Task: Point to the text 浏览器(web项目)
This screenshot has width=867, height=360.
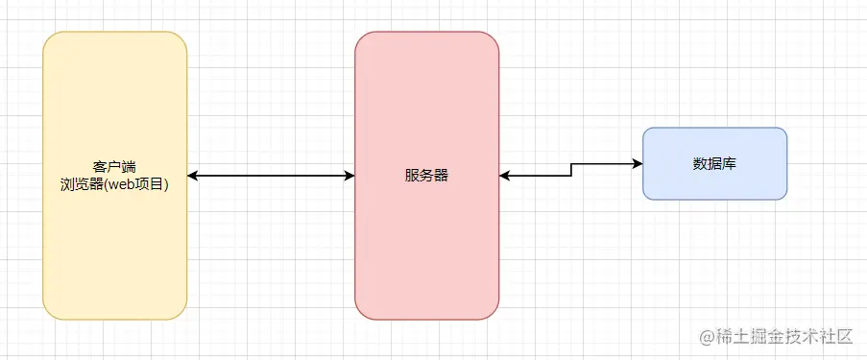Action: pyautogui.click(x=114, y=184)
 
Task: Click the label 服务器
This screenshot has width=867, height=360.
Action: pyautogui.click(x=426, y=176)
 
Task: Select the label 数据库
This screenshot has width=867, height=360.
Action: pyautogui.click(x=714, y=162)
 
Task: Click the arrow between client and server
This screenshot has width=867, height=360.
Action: pyautogui.click(x=271, y=176)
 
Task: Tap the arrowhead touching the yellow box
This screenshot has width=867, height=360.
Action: pyautogui.click(x=193, y=176)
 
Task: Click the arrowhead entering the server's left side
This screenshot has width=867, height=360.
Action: pyautogui.click(x=349, y=176)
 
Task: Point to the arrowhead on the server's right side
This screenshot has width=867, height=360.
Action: pyautogui.click(x=505, y=176)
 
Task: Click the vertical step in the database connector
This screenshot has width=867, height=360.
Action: pyautogui.click(x=571, y=170)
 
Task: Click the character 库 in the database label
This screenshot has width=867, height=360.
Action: pyautogui.click(x=729, y=162)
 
